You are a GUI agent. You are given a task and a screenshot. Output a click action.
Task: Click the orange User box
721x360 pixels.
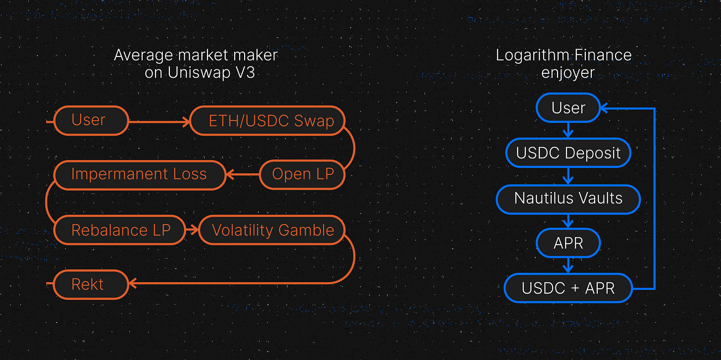(x=92, y=121)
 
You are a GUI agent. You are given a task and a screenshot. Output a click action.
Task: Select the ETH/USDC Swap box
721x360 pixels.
(x=267, y=121)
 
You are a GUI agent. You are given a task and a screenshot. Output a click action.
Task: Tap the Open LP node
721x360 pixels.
(x=302, y=174)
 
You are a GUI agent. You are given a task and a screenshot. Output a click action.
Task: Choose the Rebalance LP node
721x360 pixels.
(x=120, y=230)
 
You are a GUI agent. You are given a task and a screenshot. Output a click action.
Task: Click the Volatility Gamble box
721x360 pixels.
(x=272, y=230)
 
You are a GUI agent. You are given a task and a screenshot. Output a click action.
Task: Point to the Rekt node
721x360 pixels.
(x=91, y=285)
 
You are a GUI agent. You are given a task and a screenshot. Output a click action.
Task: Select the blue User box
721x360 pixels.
(x=568, y=108)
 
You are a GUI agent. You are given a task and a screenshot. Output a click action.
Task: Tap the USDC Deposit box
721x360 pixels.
(x=568, y=153)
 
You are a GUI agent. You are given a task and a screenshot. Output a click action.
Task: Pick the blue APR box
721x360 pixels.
(x=568, y=243)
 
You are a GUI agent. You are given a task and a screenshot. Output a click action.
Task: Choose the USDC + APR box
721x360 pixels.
(x=568, y=288)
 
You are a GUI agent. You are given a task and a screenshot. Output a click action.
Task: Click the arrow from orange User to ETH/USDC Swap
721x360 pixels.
(x=159, y=122)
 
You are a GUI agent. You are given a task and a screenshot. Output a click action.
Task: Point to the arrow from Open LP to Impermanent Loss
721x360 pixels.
(x=243, y=174)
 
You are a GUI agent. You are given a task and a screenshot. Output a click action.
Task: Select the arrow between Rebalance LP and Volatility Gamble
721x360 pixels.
(x=192, y=230)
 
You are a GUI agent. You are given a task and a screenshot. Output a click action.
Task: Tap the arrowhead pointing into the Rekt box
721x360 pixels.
(x=133, y=283)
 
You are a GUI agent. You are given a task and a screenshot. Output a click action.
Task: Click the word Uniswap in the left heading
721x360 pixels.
(x=199, y=72)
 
